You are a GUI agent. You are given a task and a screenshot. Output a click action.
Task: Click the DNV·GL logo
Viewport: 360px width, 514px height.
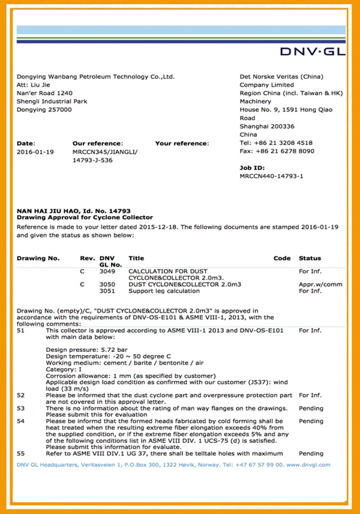313,52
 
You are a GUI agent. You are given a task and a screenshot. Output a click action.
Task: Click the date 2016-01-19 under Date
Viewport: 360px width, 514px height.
35,152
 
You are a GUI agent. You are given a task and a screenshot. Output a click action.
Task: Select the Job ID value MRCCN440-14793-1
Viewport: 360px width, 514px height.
272,177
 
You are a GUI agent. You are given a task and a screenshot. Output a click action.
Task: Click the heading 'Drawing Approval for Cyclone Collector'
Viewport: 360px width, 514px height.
85,217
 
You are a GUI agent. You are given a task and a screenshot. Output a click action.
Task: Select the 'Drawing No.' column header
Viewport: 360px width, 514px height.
38,258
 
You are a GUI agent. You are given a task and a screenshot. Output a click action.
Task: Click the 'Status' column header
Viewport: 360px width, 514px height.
310,258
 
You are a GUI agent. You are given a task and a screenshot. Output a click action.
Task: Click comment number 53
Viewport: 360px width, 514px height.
21,408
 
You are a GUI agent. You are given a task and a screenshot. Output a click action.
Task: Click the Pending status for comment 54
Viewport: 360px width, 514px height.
311,421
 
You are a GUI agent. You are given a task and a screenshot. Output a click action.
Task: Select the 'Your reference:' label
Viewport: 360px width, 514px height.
182,144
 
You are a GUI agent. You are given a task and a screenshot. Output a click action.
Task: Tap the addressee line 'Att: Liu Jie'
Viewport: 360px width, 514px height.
35,85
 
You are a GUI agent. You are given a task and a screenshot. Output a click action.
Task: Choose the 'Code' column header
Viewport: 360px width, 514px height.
282,258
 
